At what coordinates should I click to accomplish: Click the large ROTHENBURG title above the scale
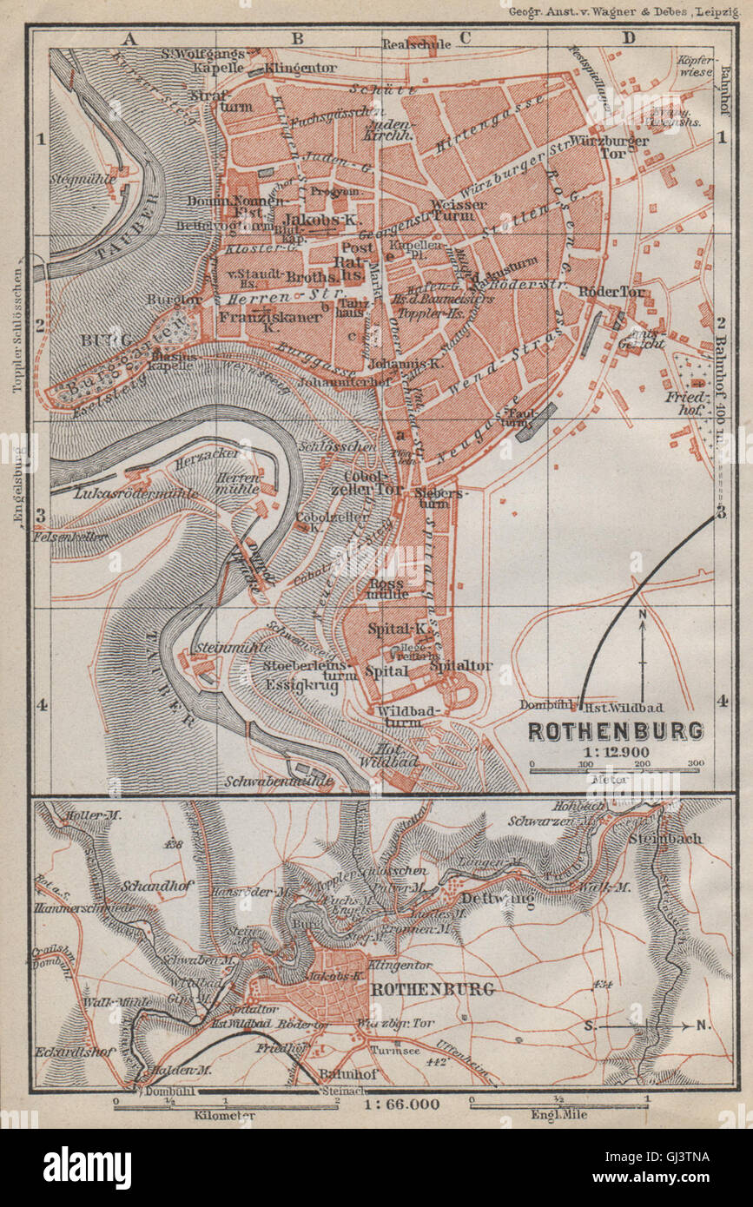point(615,730)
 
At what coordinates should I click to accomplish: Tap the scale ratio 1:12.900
point(616,749)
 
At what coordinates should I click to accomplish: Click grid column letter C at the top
point(464,37)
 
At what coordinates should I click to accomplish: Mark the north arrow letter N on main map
point(642,616)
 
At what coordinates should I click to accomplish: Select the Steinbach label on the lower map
point(675,839)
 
